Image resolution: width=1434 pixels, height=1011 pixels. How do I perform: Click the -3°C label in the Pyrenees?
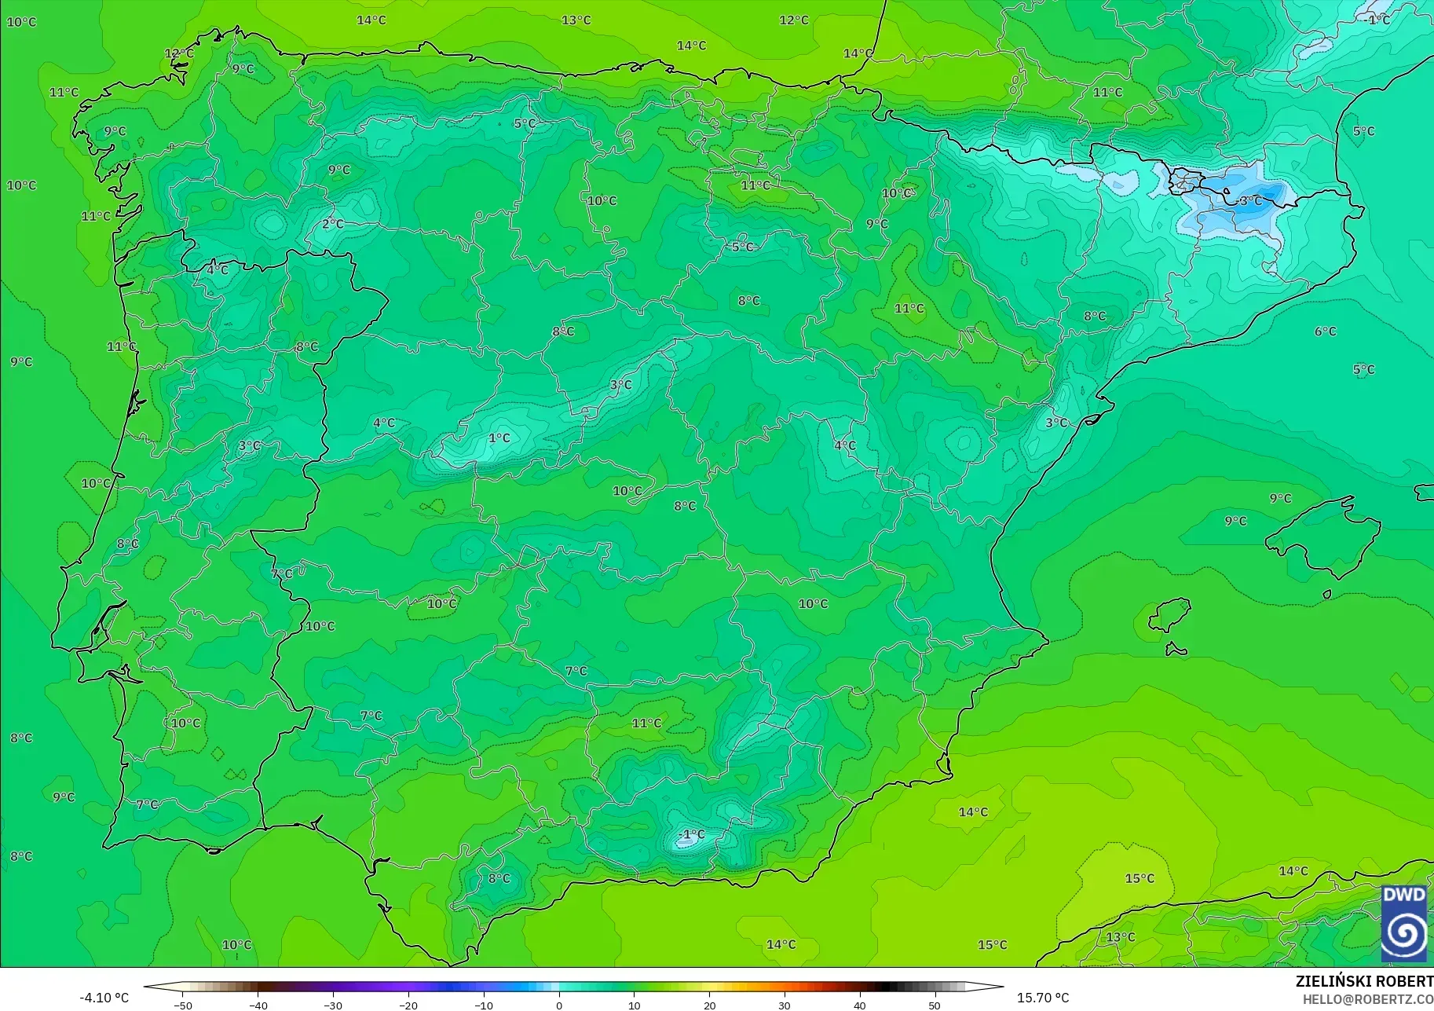[x=1250, y=201]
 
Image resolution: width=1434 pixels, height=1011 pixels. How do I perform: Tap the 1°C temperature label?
[x=499, y=438]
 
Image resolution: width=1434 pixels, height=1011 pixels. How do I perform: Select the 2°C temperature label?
[x=333, y=224]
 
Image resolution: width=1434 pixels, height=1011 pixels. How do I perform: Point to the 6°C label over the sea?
[x=1326, y=332]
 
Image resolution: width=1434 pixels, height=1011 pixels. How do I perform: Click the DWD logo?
[x=1404, y=923]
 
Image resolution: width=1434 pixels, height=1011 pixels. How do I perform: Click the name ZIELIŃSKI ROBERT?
[x=1364, y=981]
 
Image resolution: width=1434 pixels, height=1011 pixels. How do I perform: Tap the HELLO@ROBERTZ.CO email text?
[x=1368, y=999]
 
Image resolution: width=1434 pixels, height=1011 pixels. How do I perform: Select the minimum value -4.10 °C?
[x=104, y=998]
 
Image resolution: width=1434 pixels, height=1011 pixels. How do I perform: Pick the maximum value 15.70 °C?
[x=1043, y=998]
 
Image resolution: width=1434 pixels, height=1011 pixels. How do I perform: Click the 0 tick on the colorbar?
[x=559, y=1005]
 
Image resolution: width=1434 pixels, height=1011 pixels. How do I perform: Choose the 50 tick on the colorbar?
[x=935, y=1005]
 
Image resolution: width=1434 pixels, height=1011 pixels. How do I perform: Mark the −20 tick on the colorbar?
[x=408, y=1005]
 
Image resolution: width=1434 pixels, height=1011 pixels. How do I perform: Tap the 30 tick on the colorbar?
[x=785, y=1005]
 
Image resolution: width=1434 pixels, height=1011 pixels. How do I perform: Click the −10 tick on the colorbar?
[x=484, y=1005]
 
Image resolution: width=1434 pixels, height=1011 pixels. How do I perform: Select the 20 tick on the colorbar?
[x=710, y=1005]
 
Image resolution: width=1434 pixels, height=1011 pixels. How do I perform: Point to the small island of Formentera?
[x=1176, y=650]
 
